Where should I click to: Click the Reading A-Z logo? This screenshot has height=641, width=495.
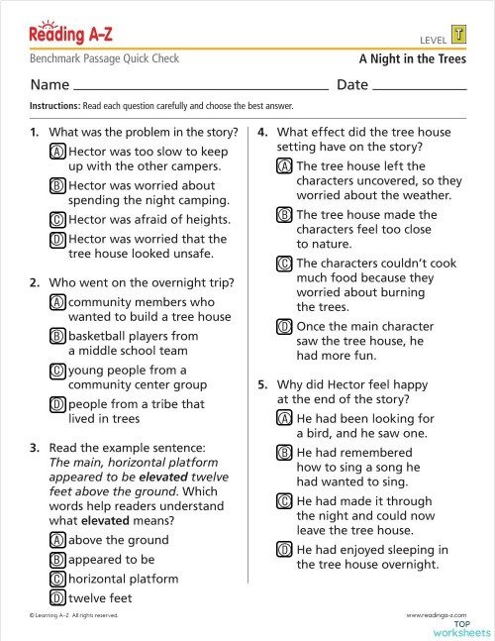70,36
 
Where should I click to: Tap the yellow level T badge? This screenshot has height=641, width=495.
457,36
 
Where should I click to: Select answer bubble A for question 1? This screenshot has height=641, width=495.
57,152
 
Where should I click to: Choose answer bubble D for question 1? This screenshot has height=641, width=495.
57,239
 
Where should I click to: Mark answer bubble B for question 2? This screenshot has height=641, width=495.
57,336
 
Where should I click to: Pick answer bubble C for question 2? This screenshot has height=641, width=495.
57,371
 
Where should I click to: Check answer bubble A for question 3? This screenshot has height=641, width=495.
57,540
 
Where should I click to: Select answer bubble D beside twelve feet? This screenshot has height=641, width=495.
57,597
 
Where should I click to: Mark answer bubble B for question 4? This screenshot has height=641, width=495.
285,215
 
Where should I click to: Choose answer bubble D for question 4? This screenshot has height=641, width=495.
285,326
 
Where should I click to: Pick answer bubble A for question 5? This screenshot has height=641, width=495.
285,418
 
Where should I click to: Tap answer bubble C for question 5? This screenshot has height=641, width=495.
285,501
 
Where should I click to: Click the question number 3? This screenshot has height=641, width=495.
35,448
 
